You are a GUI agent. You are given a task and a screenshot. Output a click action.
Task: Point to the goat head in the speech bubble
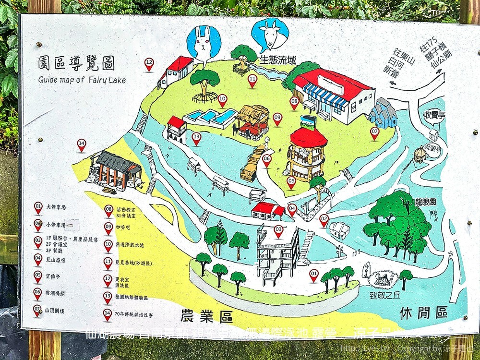tap(270, 36)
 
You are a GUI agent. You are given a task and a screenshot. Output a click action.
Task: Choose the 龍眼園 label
tap(426, 201)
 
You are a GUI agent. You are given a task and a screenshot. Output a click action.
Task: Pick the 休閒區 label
tap(424, 314)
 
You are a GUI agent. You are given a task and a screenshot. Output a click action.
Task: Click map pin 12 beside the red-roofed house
tap(149, 63)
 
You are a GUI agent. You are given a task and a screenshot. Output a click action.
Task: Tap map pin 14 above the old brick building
tap(82, 144)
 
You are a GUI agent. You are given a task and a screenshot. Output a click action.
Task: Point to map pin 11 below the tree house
tap(252, 80)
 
